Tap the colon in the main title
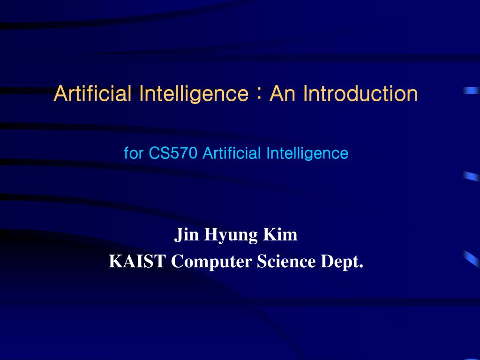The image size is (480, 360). (x=258, y=93)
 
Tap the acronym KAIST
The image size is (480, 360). (x=137, y=261)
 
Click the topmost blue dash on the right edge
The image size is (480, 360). (x=471, y=91)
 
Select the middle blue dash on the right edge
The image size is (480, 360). (x=471, y=176)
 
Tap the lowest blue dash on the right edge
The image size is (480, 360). (x=471, y=258)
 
